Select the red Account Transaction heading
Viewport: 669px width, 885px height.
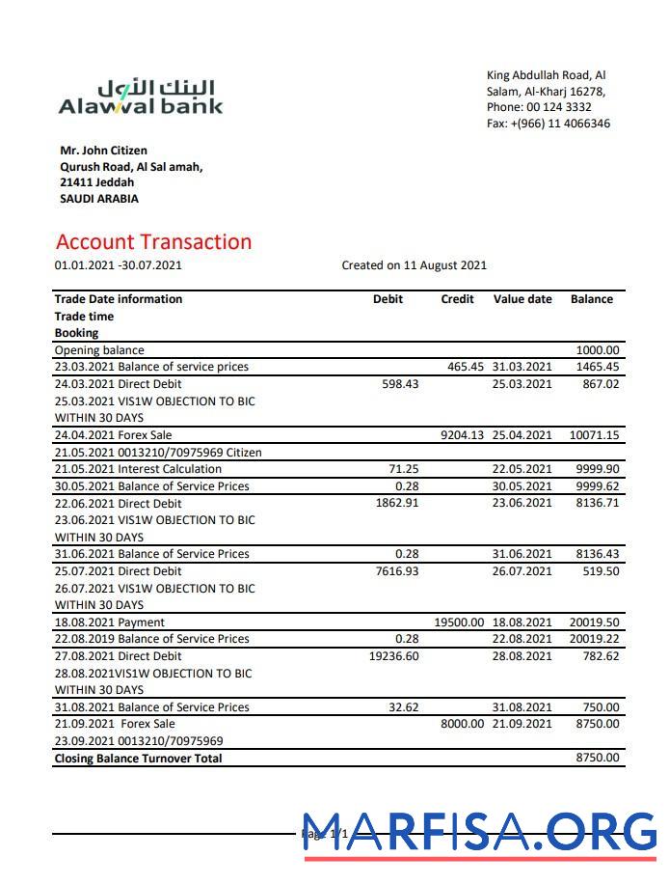(153, 242)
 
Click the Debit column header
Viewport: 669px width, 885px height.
(388, 299)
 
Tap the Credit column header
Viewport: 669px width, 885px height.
(457, 299)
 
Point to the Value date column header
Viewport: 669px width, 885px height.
(522, 299)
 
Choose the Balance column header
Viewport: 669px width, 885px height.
(591, 299)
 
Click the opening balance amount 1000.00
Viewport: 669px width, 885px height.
(598, 350)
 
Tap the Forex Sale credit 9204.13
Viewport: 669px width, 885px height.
(462, 435)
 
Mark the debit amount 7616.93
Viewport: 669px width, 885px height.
(395, 571)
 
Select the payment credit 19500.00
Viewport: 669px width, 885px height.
(459, 622)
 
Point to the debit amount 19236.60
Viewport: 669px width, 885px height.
(393, 656)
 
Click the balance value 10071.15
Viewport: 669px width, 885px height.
(594, 435)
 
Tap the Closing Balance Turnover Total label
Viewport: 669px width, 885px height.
(138, 759)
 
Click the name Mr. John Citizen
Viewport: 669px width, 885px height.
(103, 151)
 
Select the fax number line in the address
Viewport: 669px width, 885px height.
(548, 124)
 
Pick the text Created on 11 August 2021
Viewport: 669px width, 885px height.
(414, 265)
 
